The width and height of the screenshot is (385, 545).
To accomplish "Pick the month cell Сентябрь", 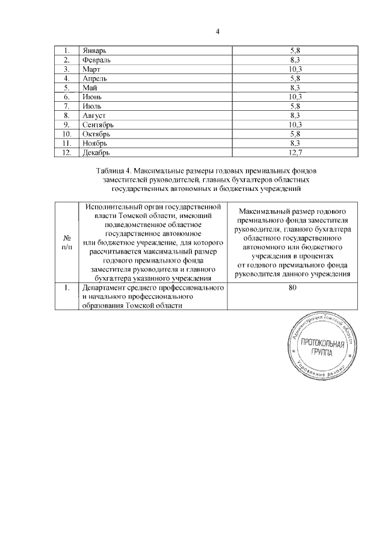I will tap(100, 124).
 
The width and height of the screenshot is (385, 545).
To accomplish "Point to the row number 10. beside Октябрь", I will tap(67, 133).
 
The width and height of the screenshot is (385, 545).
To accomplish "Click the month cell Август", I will tap(95, 114).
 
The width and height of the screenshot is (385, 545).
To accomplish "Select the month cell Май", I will tap(90, 88).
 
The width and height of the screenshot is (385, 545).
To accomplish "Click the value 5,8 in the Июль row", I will tap(295, 106).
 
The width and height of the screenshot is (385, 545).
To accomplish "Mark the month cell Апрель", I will tap(95, 79).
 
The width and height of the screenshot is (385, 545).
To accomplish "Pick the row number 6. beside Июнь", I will tap(67, 97).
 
